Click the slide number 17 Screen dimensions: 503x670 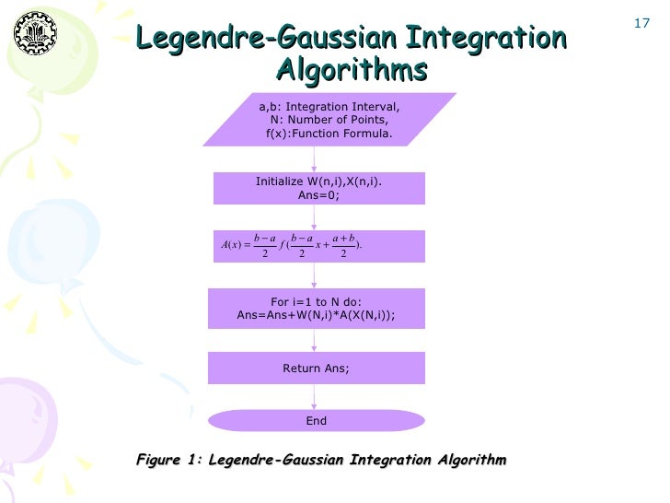point(643,20)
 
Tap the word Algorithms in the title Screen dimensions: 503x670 point(352,71)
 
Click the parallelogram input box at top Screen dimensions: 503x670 point(315,120)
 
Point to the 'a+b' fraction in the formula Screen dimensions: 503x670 point(343,245)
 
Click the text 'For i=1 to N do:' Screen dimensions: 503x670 point(316,301)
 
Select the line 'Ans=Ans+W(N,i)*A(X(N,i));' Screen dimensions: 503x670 point(316,315)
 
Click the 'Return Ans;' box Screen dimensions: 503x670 point(316,368)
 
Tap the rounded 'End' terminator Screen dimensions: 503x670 point(316,421)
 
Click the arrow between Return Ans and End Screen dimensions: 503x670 point(316,397)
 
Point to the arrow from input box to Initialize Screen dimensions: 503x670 point(316,158)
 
